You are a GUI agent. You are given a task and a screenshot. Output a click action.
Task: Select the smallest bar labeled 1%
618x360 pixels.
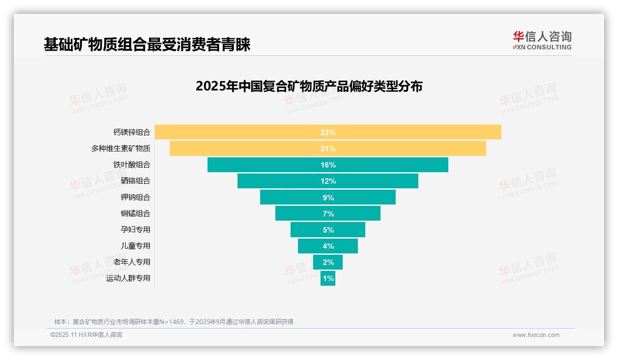(328, 278)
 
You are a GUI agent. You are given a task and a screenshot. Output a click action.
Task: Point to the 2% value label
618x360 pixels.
(328, 262)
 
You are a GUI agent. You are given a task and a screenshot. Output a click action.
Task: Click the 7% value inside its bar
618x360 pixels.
(328, 214)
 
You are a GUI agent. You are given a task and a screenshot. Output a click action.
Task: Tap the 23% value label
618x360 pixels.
(328, 132)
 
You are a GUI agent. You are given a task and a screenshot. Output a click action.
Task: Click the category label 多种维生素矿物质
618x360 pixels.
(120, 149)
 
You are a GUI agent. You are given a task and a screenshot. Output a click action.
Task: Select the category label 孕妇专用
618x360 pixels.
(135, 229)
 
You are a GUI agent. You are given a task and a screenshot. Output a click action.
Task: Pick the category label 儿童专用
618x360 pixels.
(135, 246)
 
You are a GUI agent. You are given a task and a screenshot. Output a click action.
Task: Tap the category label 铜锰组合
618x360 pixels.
(135, 213)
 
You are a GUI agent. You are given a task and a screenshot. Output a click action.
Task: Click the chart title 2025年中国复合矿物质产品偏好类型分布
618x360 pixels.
(309, 86)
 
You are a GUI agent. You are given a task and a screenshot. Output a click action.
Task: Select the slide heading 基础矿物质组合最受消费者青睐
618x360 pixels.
(147, 45)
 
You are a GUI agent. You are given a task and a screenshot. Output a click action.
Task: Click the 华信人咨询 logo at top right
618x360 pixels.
(542, 41)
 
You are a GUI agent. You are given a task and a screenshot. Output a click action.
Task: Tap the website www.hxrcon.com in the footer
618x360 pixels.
(535, 335)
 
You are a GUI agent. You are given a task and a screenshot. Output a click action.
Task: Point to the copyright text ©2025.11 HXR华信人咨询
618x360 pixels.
(86, 335)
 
